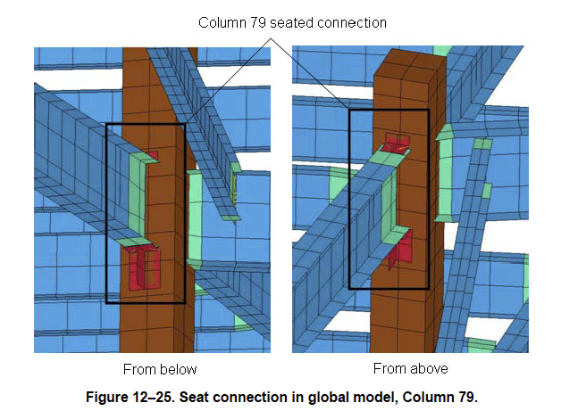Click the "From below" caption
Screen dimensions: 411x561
point(160,369)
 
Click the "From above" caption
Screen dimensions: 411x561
point(410,368)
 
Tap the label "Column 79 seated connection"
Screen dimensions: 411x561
point(292,22)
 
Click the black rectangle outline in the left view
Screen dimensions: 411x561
point(106,214)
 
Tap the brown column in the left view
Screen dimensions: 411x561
point(165,205)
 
